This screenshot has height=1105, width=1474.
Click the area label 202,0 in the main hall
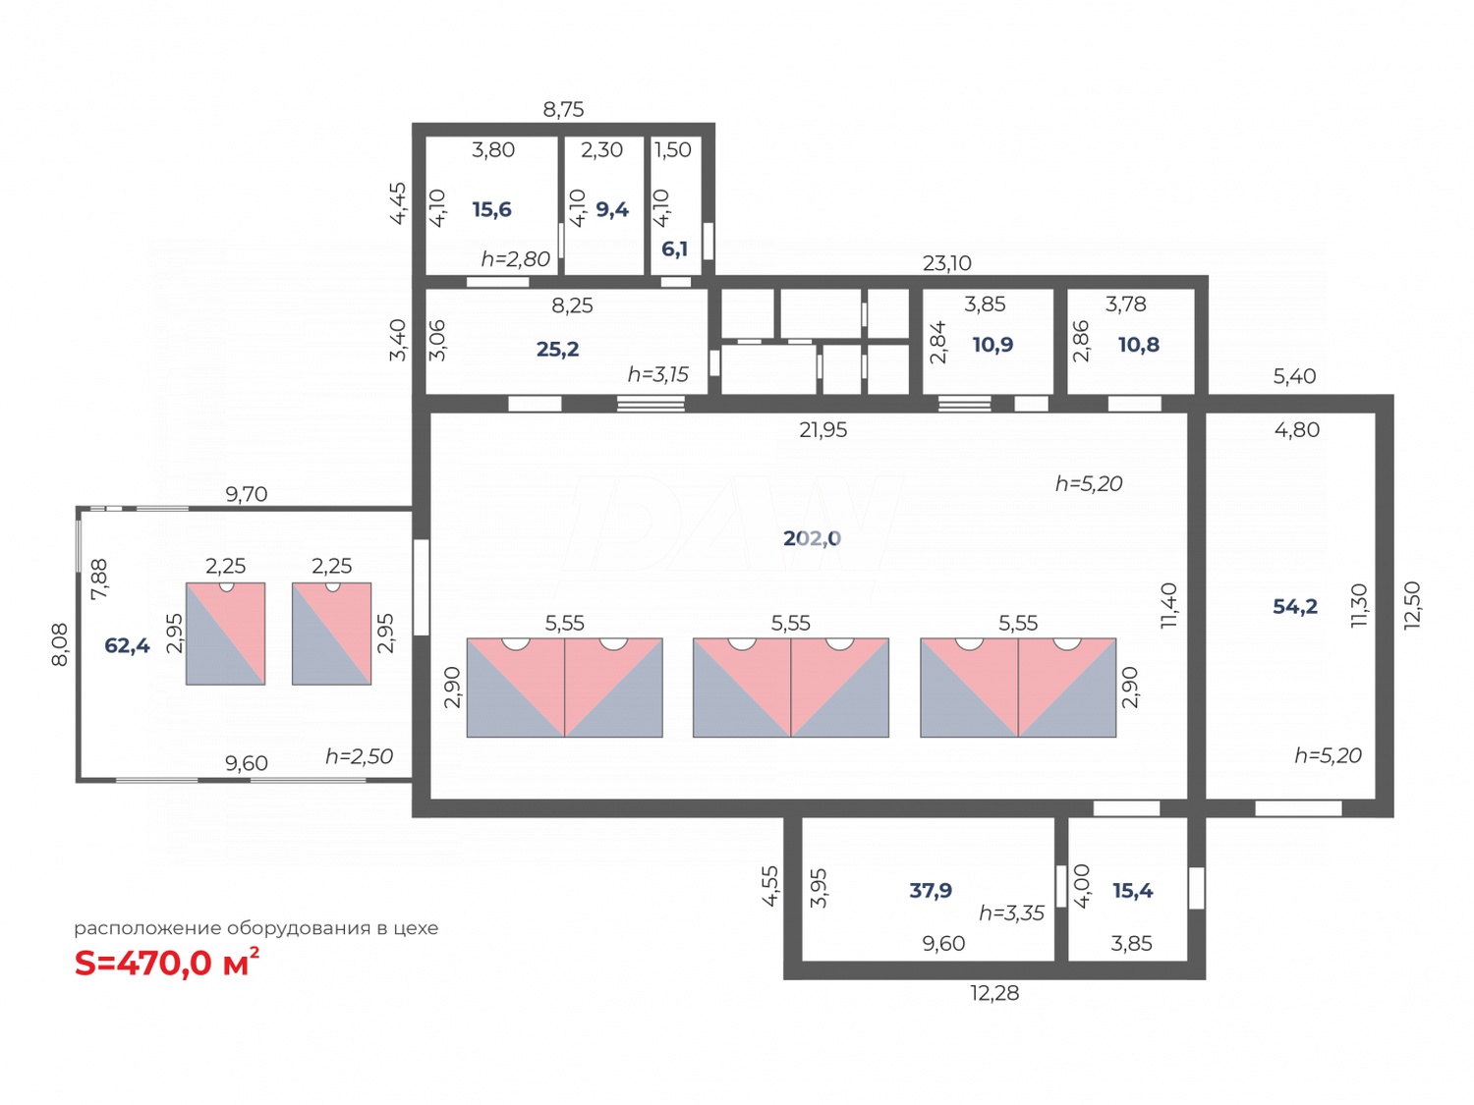pos(812,538)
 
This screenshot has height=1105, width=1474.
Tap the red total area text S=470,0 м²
pos(166,964)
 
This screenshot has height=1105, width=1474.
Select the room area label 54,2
pos(1294,607)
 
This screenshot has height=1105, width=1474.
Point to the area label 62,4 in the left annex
pos(127,645)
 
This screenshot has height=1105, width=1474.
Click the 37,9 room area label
pos(930,891)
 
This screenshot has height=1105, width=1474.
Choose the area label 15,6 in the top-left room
pos(491,209)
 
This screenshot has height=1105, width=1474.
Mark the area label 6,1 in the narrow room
pos(674,249)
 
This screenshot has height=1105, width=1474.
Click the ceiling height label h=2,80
pos(515,259)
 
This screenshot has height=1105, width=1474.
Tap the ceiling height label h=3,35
pos(1011,913)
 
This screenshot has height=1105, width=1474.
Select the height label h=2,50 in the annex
pos(359,756)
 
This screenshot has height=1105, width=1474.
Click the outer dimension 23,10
pos(946,263)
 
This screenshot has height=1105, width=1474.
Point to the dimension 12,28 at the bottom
pos(994,993)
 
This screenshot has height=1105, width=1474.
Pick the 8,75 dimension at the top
pos(563,109)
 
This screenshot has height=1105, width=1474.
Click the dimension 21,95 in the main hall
pos(822,430)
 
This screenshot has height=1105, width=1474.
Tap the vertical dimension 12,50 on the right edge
pos(1412,605)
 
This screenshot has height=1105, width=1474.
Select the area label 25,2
pos(557,349)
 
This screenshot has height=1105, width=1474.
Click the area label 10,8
pos(1138,345)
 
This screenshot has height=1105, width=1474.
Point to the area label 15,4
pos(1132,891)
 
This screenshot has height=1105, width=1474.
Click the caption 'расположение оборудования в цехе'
pos(255,928)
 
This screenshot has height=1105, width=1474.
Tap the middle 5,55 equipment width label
pos(790,623)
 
